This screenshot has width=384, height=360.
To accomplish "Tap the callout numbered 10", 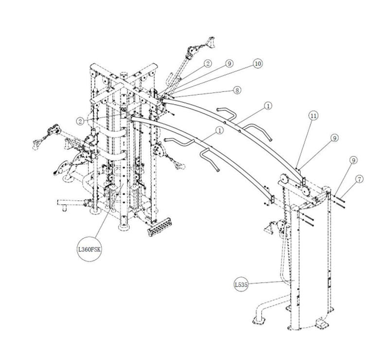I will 257,64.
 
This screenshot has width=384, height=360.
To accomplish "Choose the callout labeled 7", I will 359,180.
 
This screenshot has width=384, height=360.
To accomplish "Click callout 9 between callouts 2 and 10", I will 228,63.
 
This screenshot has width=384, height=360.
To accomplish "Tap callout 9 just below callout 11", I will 334,138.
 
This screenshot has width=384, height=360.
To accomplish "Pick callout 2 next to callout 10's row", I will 208,63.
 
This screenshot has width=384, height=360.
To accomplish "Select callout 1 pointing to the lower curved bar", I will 220,130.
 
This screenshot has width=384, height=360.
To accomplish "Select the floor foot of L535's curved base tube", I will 258,319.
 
